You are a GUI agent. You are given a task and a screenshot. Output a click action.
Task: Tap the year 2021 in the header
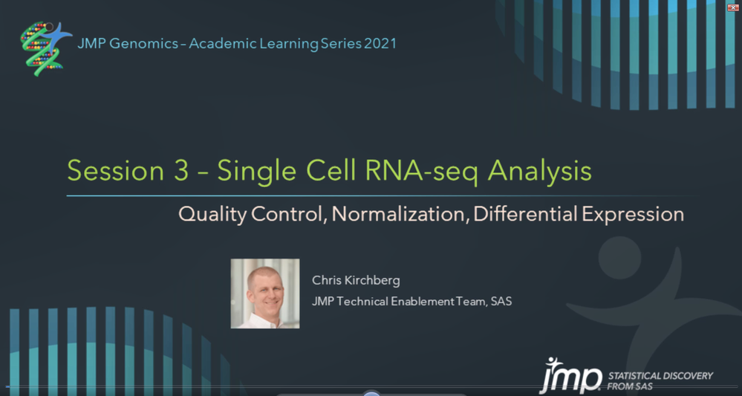(x=380, y=44)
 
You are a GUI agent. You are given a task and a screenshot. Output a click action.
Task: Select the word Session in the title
(x=115, y=171)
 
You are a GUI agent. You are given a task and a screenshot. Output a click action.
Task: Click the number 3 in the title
(x=180, y=171)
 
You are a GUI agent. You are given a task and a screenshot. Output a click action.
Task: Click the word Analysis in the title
(x=540, y=172)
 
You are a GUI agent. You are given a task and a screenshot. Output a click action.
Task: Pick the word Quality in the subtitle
(x=212, y=215)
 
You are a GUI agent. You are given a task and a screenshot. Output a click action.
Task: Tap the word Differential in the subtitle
(x=525, y=214)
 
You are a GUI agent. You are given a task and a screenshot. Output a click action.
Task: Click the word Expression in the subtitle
(x=633, y=215)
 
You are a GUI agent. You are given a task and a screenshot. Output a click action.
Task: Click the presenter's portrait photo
(x=265, y=293)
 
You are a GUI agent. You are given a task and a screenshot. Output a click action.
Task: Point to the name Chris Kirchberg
(x=356, y=281)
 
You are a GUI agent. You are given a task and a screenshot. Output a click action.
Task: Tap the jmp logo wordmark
(x=570, y=376)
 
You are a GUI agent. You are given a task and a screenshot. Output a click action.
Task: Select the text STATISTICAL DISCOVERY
(x=660, y=376)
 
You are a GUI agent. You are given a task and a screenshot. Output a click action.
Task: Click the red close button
(x=733, y=7)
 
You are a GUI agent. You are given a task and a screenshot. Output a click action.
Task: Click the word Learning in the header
(x=289, y=45)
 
